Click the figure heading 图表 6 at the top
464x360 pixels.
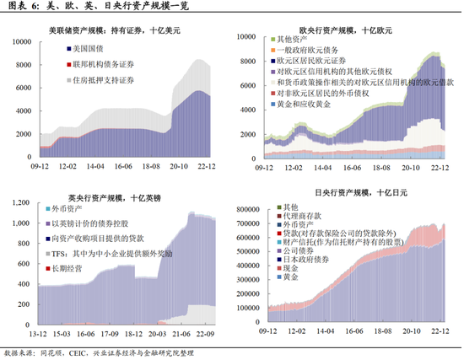coord(25,8)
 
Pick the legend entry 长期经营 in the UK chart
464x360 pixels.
coord(67,267)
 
